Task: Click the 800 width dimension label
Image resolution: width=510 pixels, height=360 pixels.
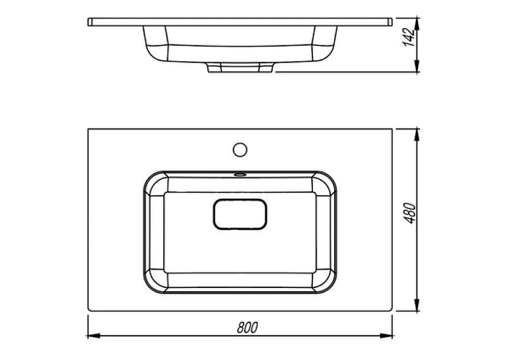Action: (x=247, y=328)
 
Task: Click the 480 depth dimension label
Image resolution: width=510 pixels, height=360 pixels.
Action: (x=410, y=213)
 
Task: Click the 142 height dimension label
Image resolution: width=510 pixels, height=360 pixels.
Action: (x=409, y=37)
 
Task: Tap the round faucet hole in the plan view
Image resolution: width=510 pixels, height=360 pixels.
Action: (x=240, y=150)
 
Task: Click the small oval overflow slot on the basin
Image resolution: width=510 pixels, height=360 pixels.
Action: (x=240, y=175)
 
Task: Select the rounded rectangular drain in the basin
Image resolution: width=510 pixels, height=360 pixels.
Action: (x=240, y=214)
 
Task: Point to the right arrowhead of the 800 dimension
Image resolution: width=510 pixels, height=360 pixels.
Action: (x=386, y=336)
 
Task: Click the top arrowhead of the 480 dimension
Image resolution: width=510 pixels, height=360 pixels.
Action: (x=416, y=135)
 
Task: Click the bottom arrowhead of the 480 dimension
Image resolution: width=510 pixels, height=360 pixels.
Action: (x=416, y=305)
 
